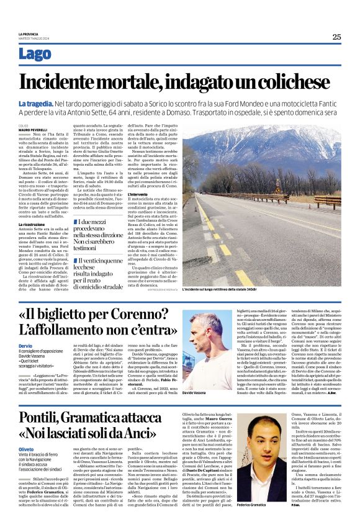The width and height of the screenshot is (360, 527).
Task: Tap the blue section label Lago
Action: [x=35, y=55]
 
